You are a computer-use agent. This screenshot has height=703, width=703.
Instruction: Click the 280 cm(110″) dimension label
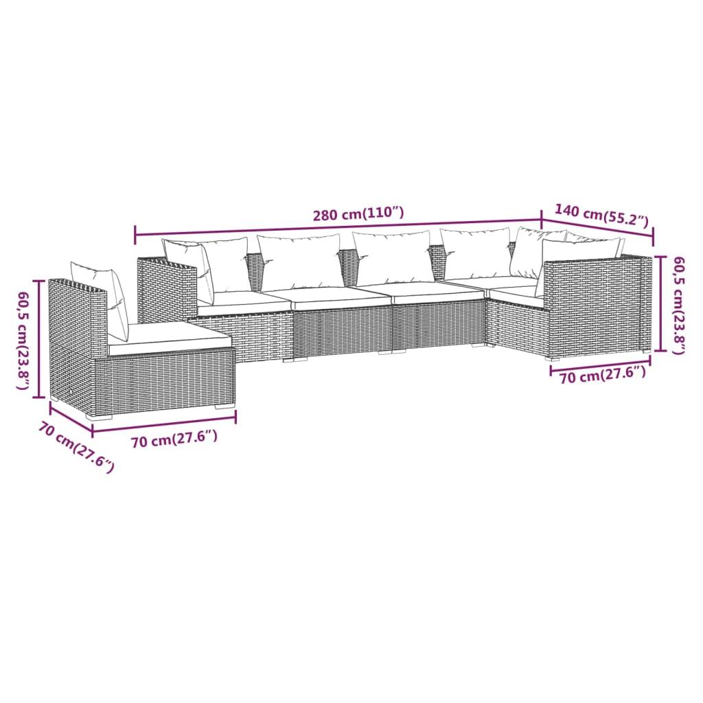pyautogui.click(x=358, y=214)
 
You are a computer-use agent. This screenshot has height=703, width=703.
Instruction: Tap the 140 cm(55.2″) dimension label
pyautogui.click(x=601, y=215)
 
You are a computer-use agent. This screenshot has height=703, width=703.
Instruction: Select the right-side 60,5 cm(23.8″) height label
pyautogui.click(x=679, y=305)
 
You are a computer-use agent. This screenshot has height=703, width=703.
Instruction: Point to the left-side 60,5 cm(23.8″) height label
pyautogui.click(x=24, y=341)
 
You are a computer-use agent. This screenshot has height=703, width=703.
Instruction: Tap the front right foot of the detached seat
pyautogui.click(x=223, y=406)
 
